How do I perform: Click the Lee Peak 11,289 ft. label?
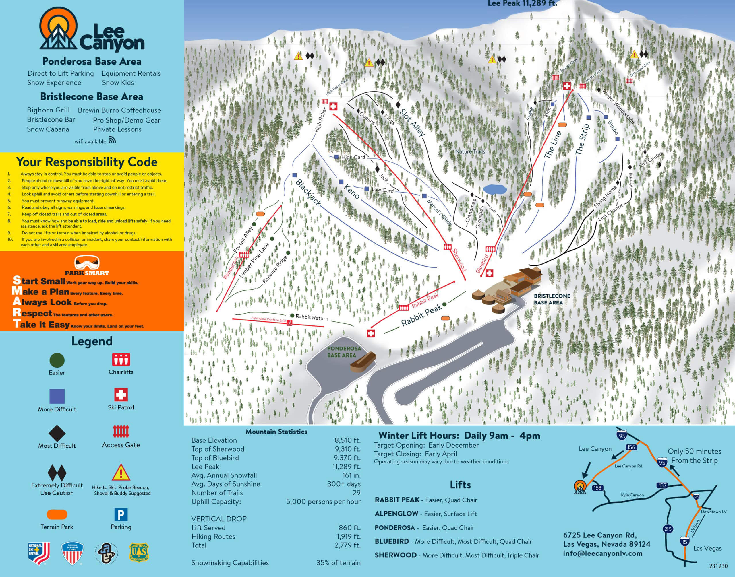click(x=522, y=4)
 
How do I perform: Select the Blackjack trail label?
click(x=308, y=193)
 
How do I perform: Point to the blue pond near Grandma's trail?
click(x=495, y=189)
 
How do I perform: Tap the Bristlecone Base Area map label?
click(x=552, y=299)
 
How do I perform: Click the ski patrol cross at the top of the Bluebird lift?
click(x=567, y=86)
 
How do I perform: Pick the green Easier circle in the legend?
click(x=57, y=360)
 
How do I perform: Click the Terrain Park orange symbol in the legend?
click(x=57, y=514)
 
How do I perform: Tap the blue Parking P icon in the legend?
click(x=121, y=515)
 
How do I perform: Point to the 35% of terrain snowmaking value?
click(x=338, y=562)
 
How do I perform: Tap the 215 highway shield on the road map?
click(x=668, y=529)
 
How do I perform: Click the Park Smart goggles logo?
click(x=87, y=263)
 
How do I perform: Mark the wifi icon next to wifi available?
click(x=112, y=140)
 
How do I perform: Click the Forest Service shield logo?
click(x=139, y=552)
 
